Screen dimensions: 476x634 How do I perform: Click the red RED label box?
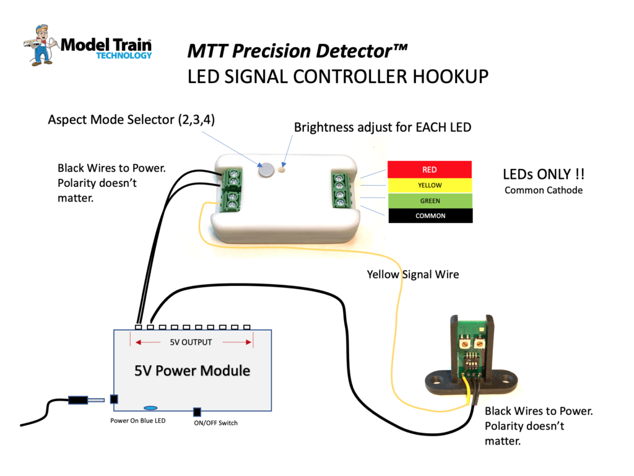430,169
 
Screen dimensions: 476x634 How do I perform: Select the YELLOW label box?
430,185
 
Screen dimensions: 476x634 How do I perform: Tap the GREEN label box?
430,201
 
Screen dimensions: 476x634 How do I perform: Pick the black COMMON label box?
430,216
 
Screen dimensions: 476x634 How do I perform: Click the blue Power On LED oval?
150,408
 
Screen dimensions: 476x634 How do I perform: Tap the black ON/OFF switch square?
198,412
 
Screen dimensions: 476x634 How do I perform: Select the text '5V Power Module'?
192,371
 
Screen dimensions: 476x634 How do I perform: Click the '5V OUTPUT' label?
191,342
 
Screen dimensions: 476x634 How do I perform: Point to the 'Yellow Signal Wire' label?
413,274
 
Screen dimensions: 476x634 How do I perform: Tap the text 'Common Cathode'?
543,190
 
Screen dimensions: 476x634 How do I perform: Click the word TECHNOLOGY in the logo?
124,55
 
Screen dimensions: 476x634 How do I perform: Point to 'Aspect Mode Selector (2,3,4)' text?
131,119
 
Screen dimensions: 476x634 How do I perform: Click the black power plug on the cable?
77,400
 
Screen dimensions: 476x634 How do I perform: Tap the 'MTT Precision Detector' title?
298,51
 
